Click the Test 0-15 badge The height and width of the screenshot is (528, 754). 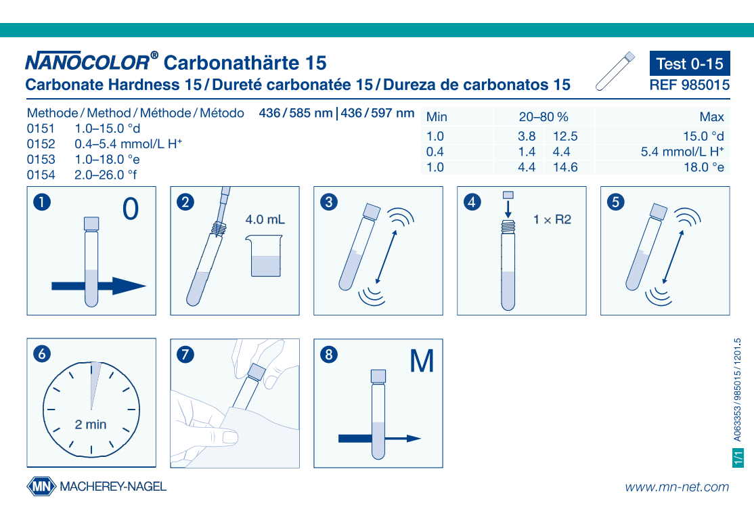pyautogui.click(x=689, y=64)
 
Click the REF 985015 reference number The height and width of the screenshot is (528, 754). pyautogui.click(x=689, y=85)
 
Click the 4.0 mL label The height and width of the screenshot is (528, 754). pyautogui.click(x=265, y=220)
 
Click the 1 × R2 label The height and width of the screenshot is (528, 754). pyautogui.click(x=552, y=220)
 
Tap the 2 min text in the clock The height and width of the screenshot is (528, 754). pyautogui.click(x=91, y=425)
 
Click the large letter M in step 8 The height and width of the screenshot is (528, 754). pyautogui.click(x=422, y=361)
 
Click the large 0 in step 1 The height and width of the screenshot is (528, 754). pyautogui.click(x=131, y=210)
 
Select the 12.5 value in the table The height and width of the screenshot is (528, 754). pyautogui.click(x=565, y=137)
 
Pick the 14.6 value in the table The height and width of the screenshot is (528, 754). pyautogui.click(x=565, y=167)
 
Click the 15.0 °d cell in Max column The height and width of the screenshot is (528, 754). pyautogui.click(x=703, y=137)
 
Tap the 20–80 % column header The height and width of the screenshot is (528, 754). pyautogui.click(x=543, y=117)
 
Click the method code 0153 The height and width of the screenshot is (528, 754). pyautogui.click(x=41, y=160)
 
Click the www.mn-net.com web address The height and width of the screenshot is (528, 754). pyautogui.click(x=677, y=487)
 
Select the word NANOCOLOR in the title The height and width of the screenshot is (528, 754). pyautogui.click(x=87, y=63)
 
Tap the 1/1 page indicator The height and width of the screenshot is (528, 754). pyautogui.click(x=738, y=457)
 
